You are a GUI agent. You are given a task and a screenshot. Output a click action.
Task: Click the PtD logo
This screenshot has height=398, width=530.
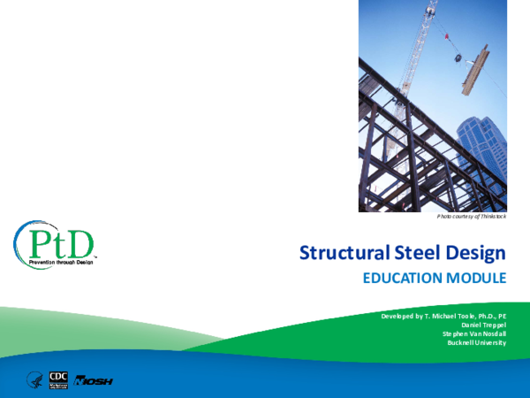[54, 241]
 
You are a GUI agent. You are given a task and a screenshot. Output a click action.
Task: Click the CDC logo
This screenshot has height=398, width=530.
[59, 379]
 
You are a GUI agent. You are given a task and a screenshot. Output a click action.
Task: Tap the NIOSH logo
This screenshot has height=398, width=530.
[93, 380]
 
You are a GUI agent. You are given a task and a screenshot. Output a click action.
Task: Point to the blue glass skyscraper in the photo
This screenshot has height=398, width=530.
[481, 150]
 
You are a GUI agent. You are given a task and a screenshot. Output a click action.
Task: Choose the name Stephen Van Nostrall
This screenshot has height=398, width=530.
[474, 333]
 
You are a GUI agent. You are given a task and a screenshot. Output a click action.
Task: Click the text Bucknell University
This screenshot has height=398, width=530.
[477, 342]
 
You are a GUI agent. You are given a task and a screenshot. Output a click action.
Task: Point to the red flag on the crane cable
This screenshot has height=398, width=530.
[447, 36]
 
